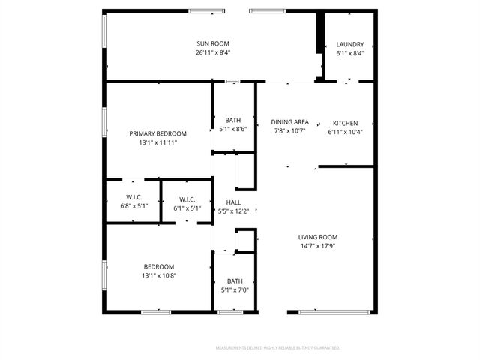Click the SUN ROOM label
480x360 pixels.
[212, 43]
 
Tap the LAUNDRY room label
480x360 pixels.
[350, 43]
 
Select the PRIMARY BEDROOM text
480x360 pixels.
[157, 133]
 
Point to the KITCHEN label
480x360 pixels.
[345, 123]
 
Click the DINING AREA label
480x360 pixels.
[290, 122]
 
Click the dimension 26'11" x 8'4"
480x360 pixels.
[212, 52]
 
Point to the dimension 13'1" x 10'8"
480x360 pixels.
[159, 275]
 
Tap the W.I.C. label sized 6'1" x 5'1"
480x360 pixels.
[187, 199]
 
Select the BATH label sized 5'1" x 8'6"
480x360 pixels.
[233, 120]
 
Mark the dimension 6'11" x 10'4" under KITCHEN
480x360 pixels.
[345, 132]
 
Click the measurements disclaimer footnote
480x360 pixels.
[277, 348]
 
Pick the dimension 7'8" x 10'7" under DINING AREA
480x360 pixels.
[290, 131]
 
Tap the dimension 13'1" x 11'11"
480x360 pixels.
[157, 142]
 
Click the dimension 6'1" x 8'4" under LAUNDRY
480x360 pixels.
[350, 52]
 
